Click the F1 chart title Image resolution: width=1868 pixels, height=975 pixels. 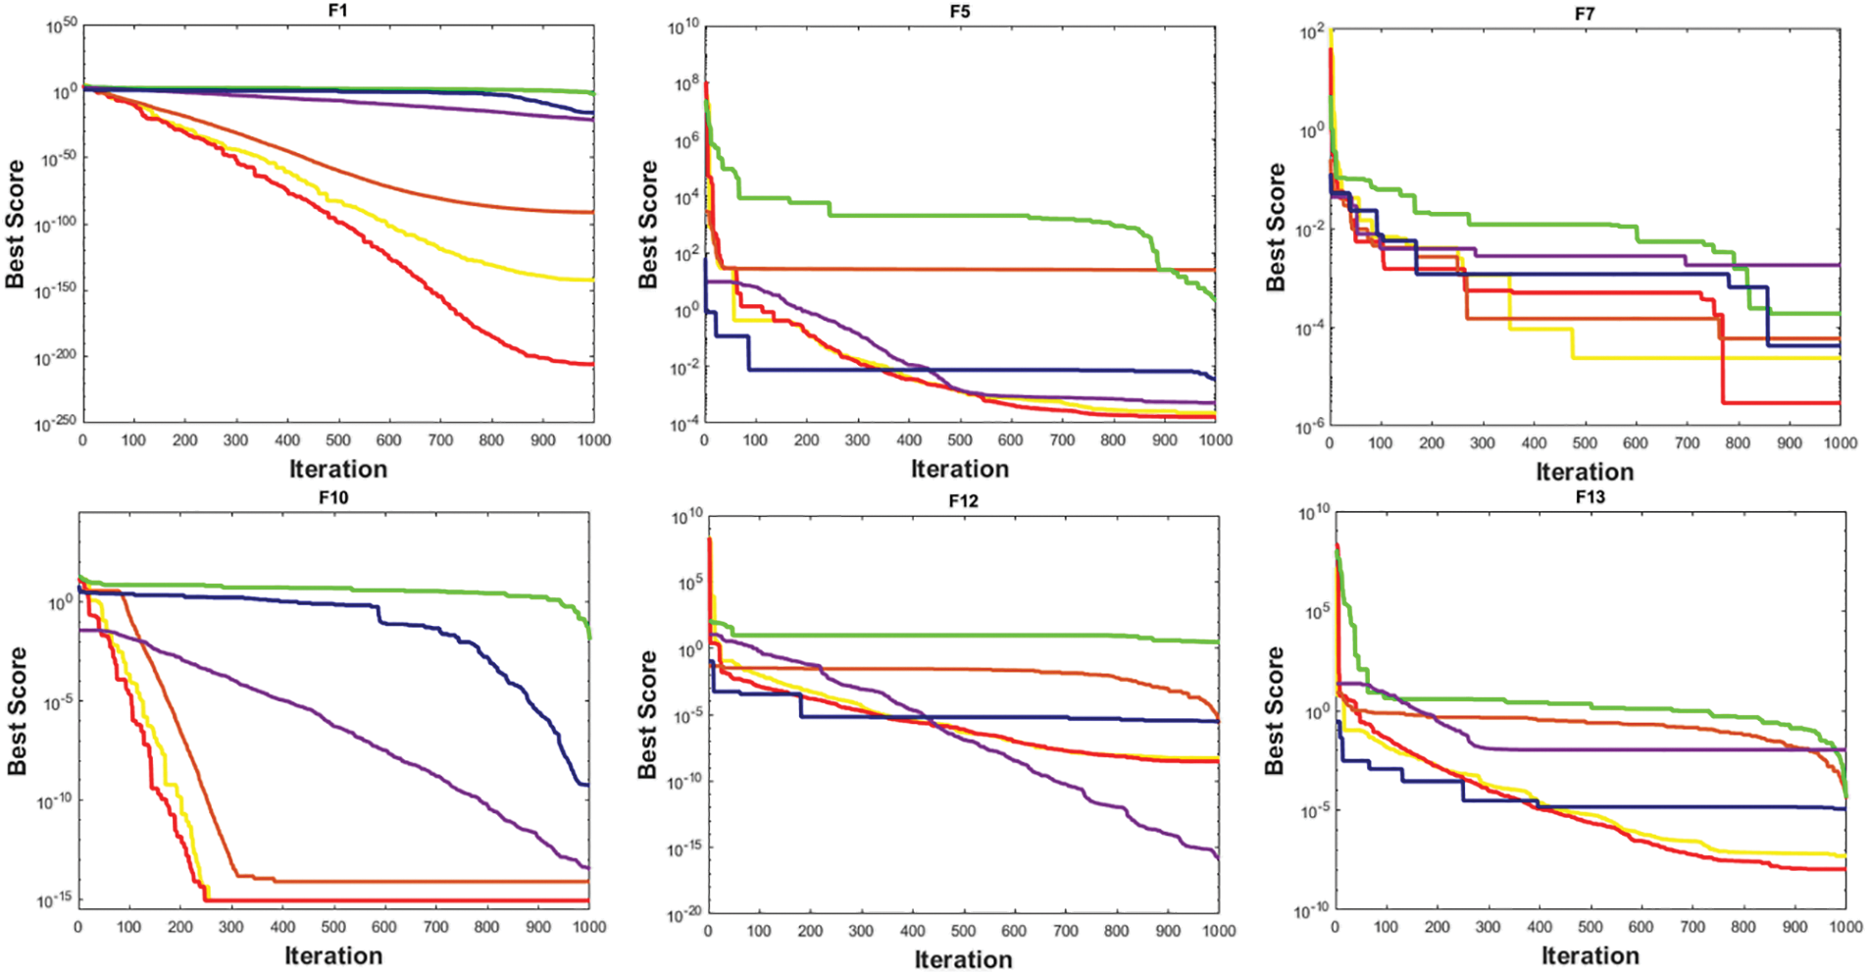pos(337,11)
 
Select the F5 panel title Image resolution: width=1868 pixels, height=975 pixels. pos(959,12)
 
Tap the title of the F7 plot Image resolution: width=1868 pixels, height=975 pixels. pos(1584,14)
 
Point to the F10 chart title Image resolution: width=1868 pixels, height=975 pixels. pos(333,497)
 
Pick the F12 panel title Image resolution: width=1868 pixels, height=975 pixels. pos(963,500)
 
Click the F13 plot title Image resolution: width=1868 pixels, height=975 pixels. pos(1590,497)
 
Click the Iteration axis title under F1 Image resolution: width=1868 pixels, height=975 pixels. pos(338,469)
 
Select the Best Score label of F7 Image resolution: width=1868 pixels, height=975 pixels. pos(1275,227)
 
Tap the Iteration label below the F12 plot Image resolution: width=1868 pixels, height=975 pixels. pos(963,959)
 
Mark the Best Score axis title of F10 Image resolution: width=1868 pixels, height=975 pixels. pos(17,710)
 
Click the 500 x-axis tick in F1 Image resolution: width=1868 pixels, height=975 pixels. pos(338,440)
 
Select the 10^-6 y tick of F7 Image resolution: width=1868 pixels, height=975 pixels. pos(1310,426)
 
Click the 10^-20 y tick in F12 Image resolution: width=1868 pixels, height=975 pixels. pos(683,913)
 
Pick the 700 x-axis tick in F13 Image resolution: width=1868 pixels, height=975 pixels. pos(1692,926)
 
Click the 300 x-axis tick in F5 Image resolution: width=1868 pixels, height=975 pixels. pos(857,440)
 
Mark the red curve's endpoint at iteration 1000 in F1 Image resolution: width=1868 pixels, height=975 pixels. pos(593,364)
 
